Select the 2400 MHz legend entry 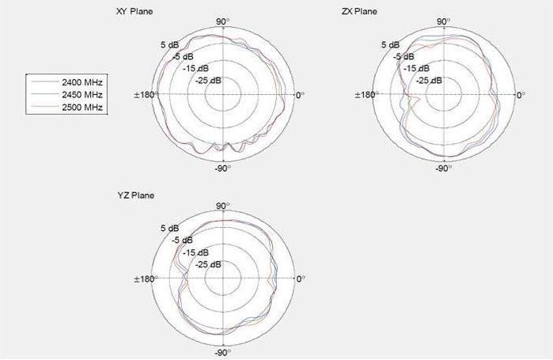click(x=83, y=82)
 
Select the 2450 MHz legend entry click(x=83, y=94)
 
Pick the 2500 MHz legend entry click(x=83, y=106)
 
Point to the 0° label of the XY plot click(x=300, y=95)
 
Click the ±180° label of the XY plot click(x=146, y=95)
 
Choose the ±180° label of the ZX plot click(x=366, y=95)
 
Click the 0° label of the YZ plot click(x=300, y=279)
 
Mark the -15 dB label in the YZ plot click(x=194, y=252)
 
